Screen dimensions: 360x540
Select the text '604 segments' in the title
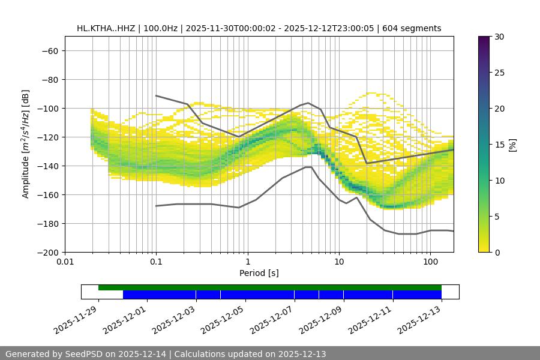coord(415,28)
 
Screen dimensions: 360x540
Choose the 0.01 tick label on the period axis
coord(65,262)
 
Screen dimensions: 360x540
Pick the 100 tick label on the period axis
coord(430,262)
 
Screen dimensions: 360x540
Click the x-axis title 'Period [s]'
coord(259,273)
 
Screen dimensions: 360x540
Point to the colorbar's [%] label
coord(512,145)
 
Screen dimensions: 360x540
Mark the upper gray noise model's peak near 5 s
coord(308,103)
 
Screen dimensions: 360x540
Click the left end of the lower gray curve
coord(156,206)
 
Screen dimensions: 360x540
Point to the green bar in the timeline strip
coord(270,287)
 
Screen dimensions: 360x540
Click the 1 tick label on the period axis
coord(247,262)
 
